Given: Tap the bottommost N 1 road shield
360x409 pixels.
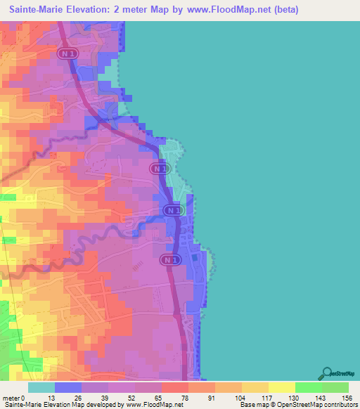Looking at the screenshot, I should click(167, 260).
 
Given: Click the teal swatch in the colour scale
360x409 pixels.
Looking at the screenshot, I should click(41, 388).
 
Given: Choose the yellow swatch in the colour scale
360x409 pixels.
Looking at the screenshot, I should click(281, 388).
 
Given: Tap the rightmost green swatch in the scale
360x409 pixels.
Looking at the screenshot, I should click(335, 388).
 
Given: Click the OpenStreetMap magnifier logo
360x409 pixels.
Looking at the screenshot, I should click(326, 373).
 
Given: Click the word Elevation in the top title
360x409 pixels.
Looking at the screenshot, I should click(98, 10).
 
